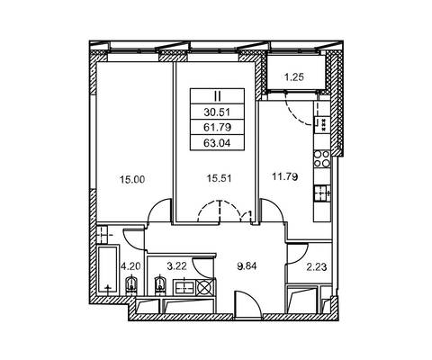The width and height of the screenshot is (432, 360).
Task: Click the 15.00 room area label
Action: click(132, 180)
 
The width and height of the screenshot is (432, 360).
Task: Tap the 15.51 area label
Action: click(220, 179)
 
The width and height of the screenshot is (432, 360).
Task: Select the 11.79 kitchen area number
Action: click(285, 176)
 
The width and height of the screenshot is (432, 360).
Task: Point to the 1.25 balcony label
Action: click(294, 77)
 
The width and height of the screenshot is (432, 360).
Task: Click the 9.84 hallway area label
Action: click(247, 266)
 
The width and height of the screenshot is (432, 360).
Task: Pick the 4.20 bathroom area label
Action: click(130, 266)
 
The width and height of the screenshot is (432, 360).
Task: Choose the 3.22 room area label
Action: click(176, 266)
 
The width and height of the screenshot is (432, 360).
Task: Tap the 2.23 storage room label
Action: click(317, 266)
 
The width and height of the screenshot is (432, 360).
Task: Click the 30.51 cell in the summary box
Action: click(217, 112)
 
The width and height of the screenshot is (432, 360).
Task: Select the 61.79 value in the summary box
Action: click(217, 128)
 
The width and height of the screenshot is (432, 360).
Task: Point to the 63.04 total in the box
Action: click(217, 143)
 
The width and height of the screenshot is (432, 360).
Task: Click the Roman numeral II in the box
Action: click(217, 96)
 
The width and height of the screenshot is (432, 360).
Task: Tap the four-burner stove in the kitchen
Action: click(322, 159)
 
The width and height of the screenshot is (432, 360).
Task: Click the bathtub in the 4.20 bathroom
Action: click(108, 271)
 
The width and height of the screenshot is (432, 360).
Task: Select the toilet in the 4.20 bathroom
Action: click(130, 285)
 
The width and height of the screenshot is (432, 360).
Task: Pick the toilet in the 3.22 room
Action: click(159, 285)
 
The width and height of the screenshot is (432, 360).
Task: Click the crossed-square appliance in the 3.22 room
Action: click(205, 287)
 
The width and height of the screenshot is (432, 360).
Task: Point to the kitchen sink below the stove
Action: click(322, 193)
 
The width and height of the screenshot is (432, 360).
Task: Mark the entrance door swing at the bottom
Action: click(248, 304)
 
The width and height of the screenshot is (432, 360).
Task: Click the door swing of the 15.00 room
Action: click(159, 210)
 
